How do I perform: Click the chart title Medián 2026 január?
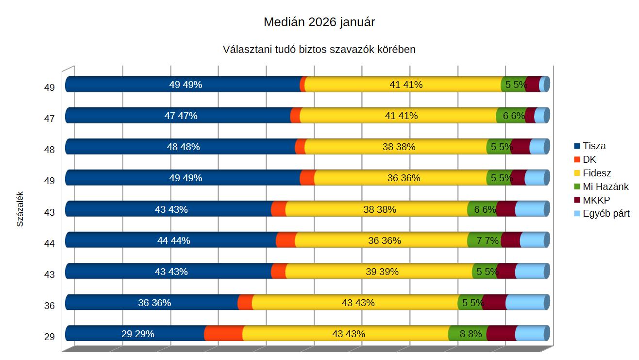(319, 22)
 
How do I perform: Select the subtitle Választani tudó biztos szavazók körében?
(319, 50)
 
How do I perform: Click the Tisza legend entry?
(594, 146)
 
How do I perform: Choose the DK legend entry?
(589, 159)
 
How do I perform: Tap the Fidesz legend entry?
(597, 173)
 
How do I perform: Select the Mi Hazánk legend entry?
(605, 187)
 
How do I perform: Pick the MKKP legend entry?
(596, 200)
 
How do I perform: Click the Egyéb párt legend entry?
(606, 214)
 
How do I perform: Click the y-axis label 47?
(50, 119)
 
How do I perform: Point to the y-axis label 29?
(50, 336)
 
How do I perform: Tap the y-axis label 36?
(50, 305)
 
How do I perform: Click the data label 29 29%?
(137, 334)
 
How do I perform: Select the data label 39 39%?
(382, 272)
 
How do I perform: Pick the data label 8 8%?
(471, 334)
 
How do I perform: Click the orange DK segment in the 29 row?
(224, 334)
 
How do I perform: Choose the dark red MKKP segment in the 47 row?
(531, 116)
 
